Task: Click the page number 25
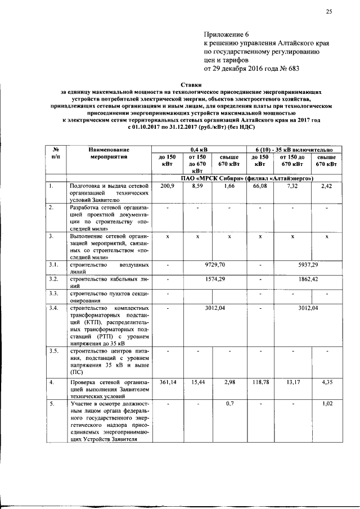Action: (328, 12)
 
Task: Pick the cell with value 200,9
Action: (168, 186)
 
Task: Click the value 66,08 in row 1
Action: (259, 186)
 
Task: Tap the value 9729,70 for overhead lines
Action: (215, 264)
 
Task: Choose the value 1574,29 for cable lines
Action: (215, 279)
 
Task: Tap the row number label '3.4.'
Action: (54, 308)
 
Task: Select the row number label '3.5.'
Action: (54, 351)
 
